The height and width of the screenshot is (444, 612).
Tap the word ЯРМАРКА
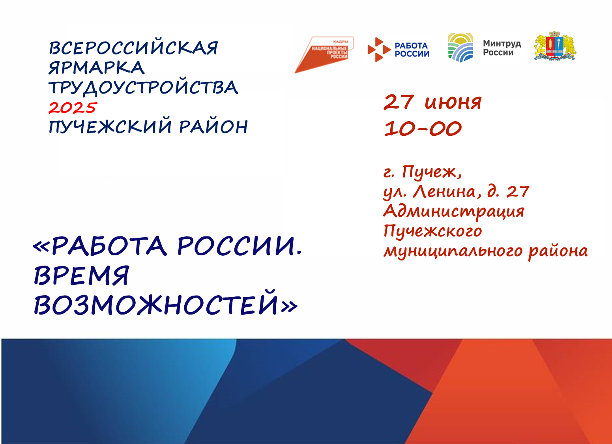pos(96,67)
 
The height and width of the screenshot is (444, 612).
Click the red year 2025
pos(73,108)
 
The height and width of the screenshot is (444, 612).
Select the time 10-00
pos(423,128)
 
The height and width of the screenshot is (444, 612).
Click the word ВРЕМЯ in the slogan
pos(81,275)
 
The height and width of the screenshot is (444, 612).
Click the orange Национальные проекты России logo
pos(324,54)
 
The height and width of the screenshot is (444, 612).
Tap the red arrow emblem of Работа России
pos(379,50)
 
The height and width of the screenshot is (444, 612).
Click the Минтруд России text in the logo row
pos(502,48)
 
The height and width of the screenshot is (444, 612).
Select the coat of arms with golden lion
pos(555,46)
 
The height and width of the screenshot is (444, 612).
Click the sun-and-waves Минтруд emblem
pos(460,47)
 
